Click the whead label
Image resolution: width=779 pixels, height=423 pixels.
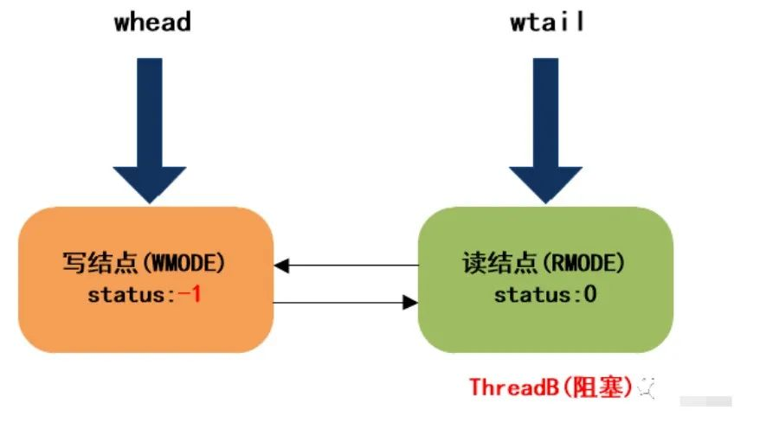[152, 22]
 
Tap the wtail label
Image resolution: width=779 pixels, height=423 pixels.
[547, 22]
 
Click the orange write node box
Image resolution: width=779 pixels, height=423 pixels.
[145, 279]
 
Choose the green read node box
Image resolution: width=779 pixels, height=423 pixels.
[545, 279]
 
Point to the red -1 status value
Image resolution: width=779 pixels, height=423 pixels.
[190, 294]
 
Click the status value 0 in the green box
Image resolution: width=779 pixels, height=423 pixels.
[589, 294]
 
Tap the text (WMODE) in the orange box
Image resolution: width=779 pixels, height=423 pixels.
[183, 263]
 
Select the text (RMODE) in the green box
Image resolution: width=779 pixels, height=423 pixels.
[583, 263]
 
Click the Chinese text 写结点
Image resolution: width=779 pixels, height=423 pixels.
[100, 263]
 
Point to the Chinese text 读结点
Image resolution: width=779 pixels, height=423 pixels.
[500, 263]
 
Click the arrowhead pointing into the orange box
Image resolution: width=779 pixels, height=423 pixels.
[281, 266]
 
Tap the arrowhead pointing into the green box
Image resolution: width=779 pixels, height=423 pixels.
[410, 303]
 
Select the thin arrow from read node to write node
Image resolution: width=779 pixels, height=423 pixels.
[346, 266]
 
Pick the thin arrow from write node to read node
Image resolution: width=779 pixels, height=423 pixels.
[345, 303]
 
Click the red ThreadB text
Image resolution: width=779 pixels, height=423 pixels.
[514, 387]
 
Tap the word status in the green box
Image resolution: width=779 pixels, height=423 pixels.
[533, 295]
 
